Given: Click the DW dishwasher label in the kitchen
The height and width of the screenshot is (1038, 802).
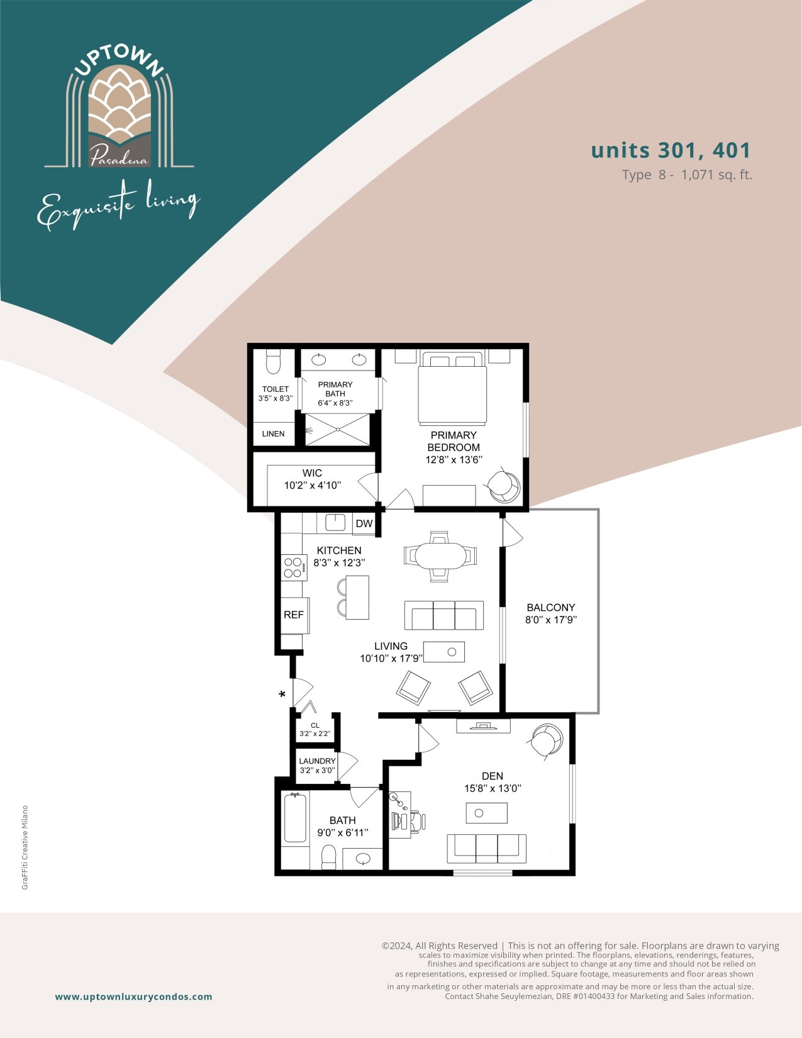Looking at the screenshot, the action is point(364,523).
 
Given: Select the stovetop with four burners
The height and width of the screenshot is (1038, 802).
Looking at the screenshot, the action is point(294,567).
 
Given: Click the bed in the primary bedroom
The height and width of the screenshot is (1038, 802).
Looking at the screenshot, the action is point(452,388).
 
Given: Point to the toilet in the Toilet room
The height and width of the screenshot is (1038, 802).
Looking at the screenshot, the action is point(273,361).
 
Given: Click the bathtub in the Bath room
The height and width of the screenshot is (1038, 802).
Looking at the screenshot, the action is point(295,817).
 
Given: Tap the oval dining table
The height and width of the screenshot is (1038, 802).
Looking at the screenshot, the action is point(440,555).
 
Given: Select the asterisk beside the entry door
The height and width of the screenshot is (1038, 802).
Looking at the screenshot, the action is point(282,694).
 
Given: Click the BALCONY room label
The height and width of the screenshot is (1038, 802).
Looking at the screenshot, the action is point(551,607).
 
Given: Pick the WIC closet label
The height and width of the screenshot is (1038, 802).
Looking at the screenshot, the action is point(312,473).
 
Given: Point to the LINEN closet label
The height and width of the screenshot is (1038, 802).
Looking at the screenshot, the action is point(273,433).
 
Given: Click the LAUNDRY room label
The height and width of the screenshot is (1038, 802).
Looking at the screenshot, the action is point(317,761).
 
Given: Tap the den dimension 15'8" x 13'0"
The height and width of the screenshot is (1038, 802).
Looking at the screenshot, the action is point(493,789).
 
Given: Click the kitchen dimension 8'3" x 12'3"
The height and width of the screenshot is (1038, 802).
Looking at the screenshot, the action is point(339,562).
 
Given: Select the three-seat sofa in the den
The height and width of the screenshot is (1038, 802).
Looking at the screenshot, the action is point(486,849).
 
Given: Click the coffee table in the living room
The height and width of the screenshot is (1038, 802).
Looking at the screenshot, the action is point(443,652).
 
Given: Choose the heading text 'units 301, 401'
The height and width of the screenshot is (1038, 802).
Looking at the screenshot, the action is point(671,150).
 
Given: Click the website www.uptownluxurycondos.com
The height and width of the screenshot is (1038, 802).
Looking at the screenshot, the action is point(133,996).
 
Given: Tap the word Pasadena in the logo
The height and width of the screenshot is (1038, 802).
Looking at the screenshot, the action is point(118,156).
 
